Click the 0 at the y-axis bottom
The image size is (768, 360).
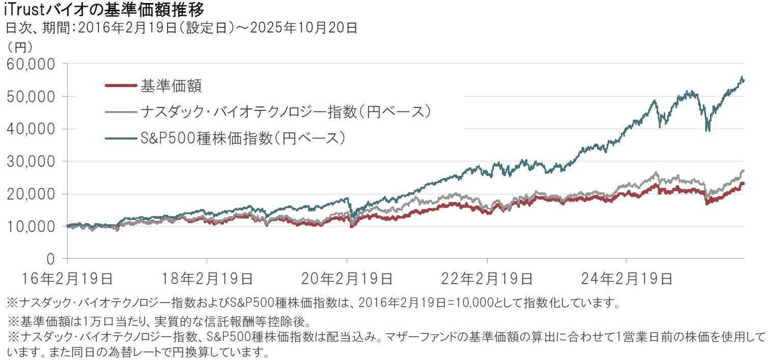50,259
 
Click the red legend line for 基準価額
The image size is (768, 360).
121,86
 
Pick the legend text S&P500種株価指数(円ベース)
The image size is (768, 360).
243,137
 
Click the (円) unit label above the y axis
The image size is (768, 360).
19,47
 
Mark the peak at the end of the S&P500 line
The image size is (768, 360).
742,77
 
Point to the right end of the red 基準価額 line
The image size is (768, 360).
744,183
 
